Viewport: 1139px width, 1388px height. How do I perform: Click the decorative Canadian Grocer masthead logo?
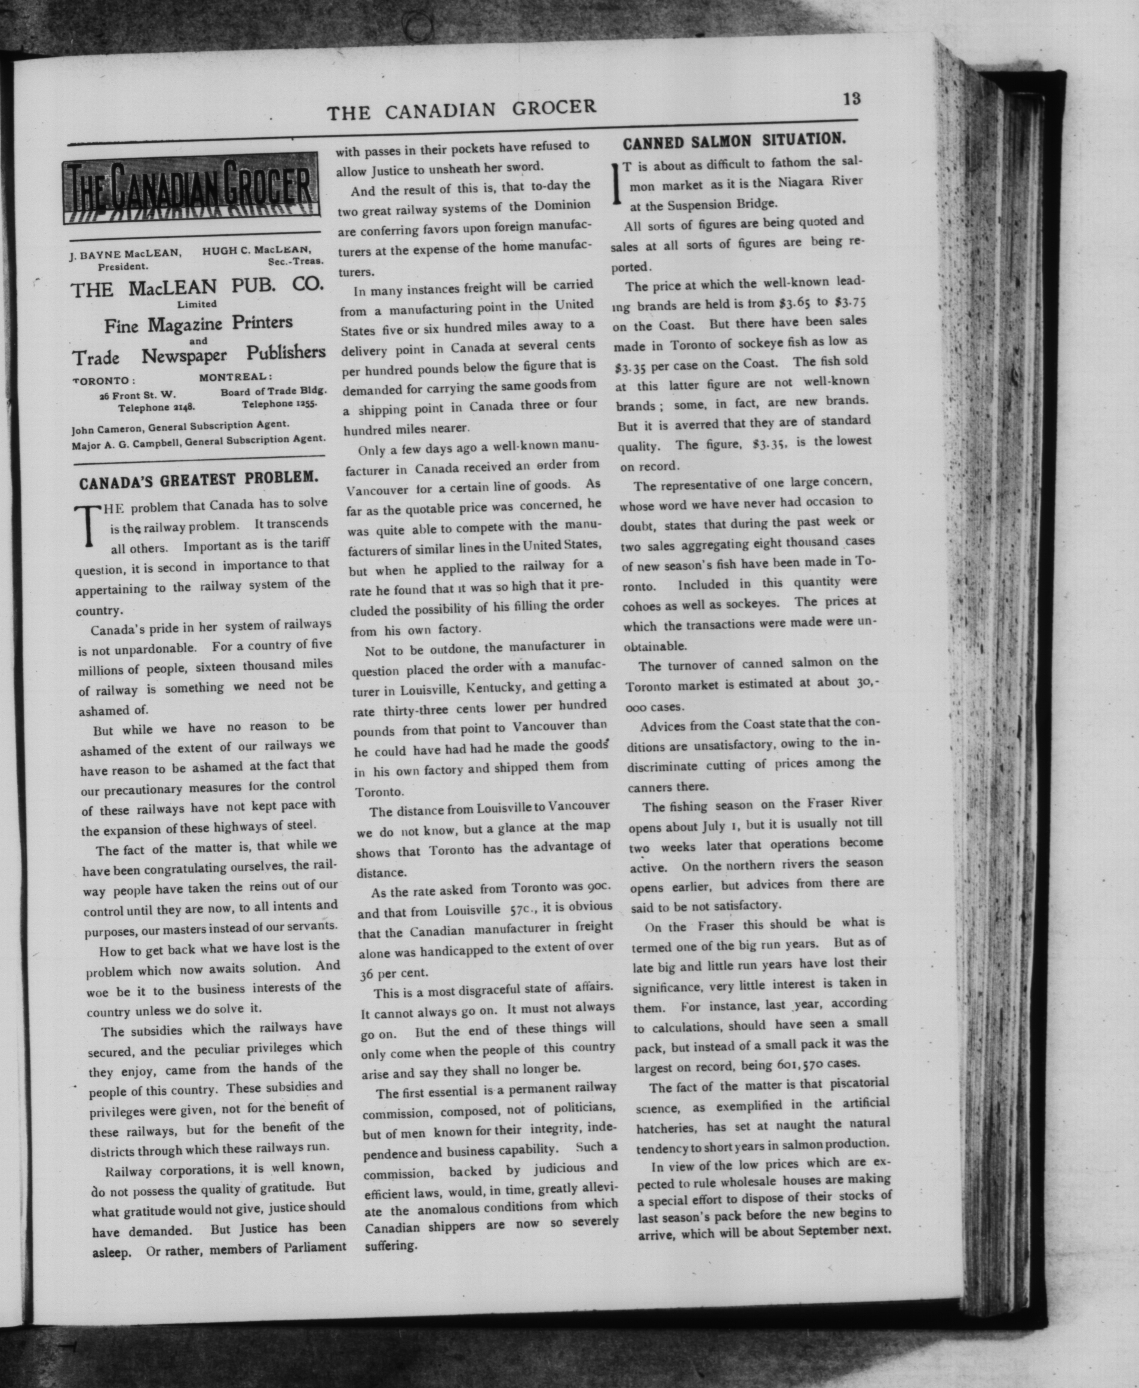coord(191,188)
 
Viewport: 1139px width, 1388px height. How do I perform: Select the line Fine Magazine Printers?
coord(198,324)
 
